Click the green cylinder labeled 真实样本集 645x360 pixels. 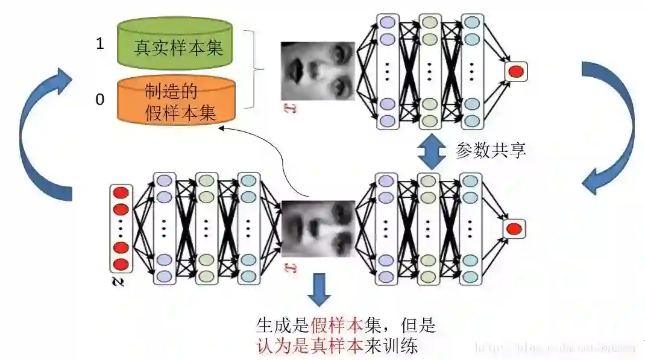(175, 43)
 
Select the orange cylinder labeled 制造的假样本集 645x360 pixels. (175, 101)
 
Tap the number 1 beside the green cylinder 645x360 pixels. (100, 43)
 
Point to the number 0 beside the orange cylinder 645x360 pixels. (100, 99)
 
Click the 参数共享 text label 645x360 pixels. (491, 150)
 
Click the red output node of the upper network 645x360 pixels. (515, 72)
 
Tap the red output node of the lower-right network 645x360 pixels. (514, 229)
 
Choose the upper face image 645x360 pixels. (318, 71)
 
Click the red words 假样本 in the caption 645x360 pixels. (337, 326)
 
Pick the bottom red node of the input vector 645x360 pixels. (121, 264)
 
